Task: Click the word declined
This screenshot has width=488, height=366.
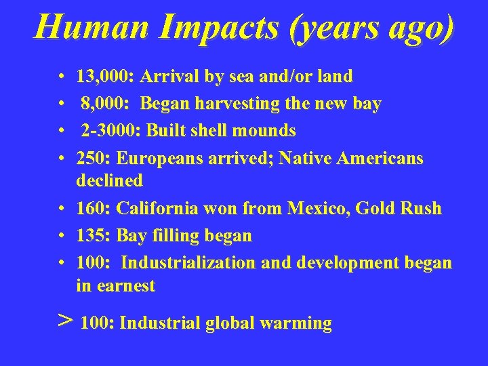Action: pos(110,180)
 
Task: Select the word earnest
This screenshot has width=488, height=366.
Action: pos(125,286)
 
